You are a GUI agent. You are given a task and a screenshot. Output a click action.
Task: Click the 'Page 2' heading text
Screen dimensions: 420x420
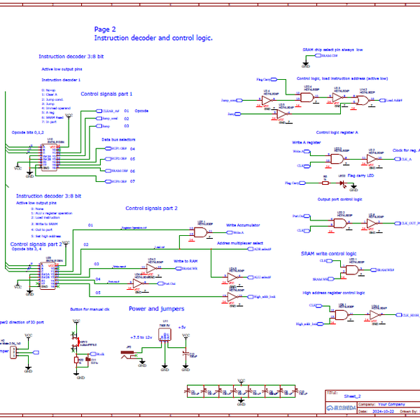(105, 29)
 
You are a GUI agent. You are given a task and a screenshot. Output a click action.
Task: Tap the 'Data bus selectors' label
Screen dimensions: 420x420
(118, 140)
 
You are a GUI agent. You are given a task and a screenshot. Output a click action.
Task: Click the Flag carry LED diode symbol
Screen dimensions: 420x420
(343, 183)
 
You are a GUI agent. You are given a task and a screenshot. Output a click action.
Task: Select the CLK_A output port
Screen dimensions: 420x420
(405, 160)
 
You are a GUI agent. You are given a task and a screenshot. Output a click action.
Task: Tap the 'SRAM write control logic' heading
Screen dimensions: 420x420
(328, 253)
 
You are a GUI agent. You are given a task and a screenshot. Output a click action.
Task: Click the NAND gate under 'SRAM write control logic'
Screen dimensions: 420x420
(351, 268)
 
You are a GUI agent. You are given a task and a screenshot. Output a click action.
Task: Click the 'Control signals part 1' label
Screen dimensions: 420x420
(106, 93)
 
